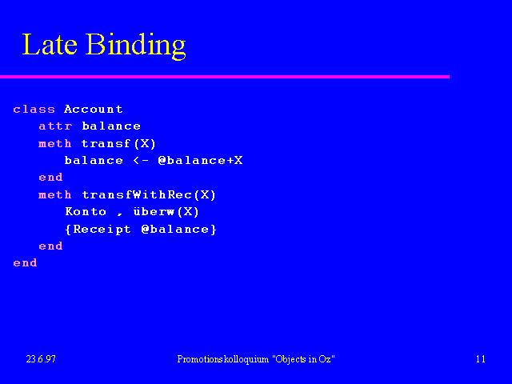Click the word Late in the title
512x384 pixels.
pos(50,44)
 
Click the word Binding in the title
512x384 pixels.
pos(136,46)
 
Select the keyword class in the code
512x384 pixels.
pos(34,109)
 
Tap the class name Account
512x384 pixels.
pos(94,109)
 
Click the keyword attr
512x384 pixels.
pos(55,126)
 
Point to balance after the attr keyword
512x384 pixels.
pos(111,126)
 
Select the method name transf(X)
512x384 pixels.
pos(118,143)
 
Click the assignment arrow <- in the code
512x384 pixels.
pos(141,160)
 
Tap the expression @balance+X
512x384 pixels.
pos(200,160)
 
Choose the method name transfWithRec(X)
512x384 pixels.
pos(149,194)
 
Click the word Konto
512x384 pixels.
pos(86,211)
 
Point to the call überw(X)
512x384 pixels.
pos(166,211)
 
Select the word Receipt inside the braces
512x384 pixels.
pos(102,230)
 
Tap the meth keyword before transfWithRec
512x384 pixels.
pos(55,194)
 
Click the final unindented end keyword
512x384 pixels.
pos(25,262)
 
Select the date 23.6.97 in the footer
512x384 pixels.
pos(41,359)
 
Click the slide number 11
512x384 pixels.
pos(480,359)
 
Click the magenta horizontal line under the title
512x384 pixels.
pos(225,77)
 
